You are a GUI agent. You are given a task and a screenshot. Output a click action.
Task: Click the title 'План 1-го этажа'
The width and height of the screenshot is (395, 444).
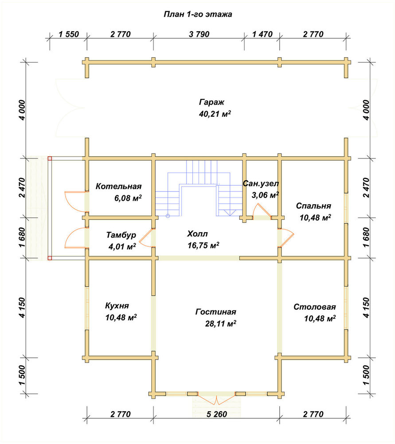click(x=198, y=14)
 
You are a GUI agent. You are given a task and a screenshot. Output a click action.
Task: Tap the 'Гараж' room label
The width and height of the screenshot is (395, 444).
click(x=211, y=102)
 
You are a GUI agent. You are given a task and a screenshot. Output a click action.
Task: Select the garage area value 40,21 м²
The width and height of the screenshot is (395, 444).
click(x=215, y=114)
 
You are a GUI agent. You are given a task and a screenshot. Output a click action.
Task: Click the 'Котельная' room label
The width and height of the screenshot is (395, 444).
click(x=118, y=186)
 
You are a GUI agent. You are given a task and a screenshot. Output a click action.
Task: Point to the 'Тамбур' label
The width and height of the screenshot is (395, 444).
click(x=121, y=235)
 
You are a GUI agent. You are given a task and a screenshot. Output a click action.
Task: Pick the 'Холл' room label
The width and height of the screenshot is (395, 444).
click(x=197, y=234)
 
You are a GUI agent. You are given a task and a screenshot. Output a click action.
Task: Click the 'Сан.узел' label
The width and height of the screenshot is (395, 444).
click(x=261, y=183)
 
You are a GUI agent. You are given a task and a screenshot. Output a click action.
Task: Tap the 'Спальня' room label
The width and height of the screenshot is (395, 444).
click(x=313, y=206)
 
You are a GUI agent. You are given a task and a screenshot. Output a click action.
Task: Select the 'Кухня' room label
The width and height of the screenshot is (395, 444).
click(x=117, y=306)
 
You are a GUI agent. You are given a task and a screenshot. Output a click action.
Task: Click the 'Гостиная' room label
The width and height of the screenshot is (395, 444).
click(x=216, y=312)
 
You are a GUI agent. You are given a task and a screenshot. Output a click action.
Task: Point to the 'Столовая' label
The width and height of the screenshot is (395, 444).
click(x=315, y=307)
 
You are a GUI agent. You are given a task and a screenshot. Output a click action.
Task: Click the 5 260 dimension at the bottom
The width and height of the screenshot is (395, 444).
click(x=217, y=414)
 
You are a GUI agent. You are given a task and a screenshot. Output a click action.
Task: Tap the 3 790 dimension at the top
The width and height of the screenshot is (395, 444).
click(x=199, y=34)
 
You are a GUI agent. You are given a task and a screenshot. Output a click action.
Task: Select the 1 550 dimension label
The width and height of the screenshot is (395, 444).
click(x=69, y=34)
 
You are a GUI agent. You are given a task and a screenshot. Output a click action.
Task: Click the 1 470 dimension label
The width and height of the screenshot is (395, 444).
click(x=262, y=34)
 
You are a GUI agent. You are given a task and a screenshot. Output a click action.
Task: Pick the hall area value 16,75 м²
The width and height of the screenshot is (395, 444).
click(x=203, y=245)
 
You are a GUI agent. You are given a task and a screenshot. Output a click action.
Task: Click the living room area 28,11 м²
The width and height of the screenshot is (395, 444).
click(x=220, y=324)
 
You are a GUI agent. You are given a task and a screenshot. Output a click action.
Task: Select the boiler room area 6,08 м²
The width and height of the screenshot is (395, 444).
click(x=128, y=198)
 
